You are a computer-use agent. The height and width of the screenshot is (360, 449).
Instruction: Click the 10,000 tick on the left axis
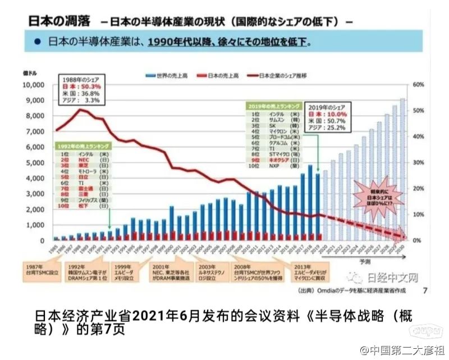[32, 85]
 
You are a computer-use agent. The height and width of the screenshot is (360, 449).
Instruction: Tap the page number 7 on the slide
[424, 290]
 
